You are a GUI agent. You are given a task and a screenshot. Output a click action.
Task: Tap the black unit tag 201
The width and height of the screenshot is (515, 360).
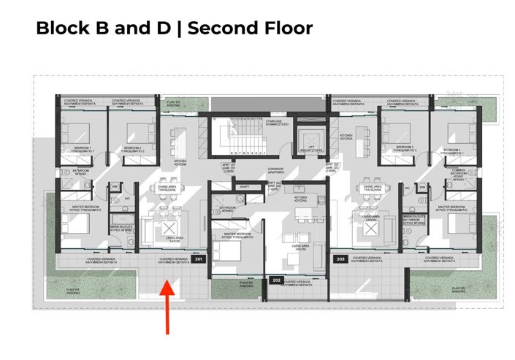click(198, 258)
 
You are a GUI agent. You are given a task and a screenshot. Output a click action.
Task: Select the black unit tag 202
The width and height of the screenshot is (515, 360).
click(276, 280)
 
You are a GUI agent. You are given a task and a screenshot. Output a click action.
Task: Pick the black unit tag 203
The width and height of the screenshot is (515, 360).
click(340, 258)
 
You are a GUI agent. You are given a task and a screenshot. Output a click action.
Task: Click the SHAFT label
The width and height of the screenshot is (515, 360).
click(245, 187)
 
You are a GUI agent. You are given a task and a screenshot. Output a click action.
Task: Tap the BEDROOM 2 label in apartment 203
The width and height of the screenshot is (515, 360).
click(405, 148)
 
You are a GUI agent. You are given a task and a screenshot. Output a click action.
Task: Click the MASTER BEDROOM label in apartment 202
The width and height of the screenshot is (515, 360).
click(234, 234)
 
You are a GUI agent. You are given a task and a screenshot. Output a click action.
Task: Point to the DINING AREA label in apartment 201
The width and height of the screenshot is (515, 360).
click(167, 187)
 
